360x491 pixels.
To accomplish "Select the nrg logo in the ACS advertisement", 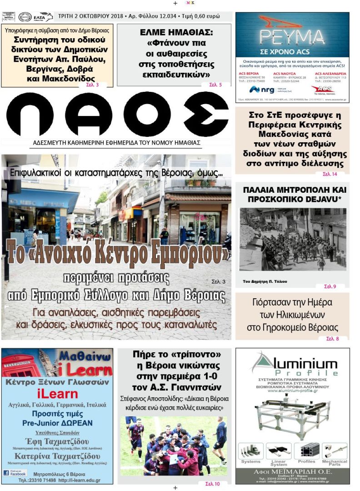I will (x=263, y=89).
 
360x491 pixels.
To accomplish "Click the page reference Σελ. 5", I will (x=215, y=85).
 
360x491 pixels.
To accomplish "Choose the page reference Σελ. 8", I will (x=332, y=338).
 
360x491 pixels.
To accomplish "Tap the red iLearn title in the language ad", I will (x=57, y=394).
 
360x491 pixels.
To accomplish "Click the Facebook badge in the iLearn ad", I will (x=15, y=472).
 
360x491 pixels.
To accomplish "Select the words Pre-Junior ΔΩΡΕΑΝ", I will (x=57, y=423).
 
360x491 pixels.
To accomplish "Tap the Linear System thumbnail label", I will (x=278, y=463).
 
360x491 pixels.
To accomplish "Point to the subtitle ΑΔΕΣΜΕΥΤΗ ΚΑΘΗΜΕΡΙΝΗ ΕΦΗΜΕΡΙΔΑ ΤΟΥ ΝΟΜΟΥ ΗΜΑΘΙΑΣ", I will (x=117, y=142).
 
